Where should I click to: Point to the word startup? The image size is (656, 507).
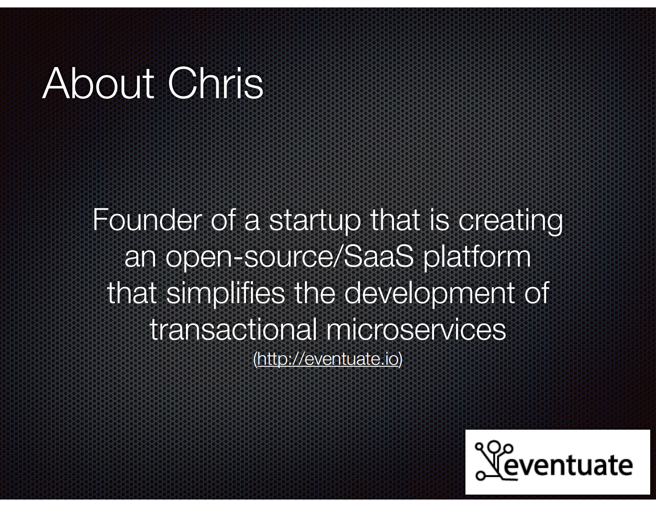click(315, 222)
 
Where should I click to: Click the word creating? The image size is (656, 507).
click(510, 222)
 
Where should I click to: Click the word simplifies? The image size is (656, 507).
click(226, 294)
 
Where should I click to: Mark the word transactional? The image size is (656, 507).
click(234, 329)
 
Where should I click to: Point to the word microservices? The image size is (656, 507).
click(416, 329)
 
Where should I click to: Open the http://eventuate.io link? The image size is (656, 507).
click(328, 359)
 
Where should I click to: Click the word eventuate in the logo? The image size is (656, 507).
click(567, 466)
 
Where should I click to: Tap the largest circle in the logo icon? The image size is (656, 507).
click(494, 447)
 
